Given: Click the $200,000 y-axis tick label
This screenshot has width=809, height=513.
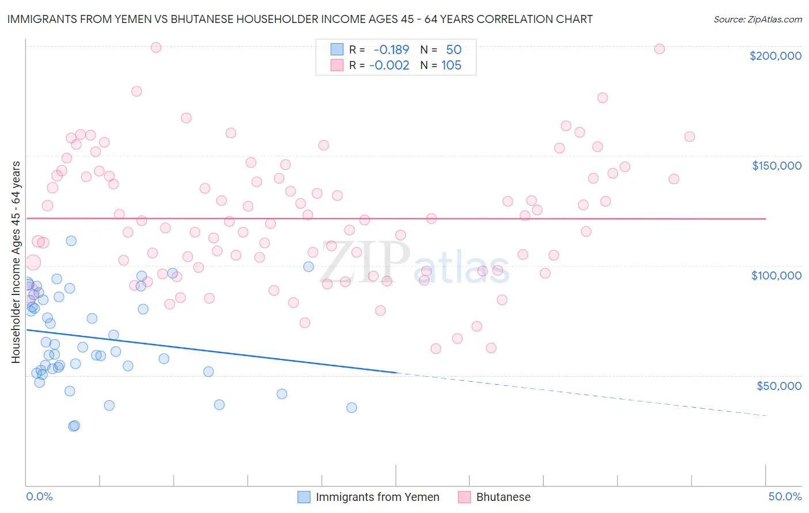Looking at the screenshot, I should (775, 56).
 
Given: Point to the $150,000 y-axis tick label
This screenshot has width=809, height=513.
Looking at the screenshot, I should (776, 166).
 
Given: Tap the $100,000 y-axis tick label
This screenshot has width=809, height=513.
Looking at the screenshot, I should (776, 275).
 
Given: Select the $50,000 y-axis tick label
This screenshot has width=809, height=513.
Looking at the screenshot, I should (779, 385).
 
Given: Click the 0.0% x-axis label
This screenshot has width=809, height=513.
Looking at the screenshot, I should (39, 496).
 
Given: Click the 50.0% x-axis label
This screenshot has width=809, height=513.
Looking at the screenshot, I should (785, 496).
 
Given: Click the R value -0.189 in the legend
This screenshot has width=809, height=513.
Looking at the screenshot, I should (391, 50).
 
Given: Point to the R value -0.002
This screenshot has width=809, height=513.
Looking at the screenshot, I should (389, 66).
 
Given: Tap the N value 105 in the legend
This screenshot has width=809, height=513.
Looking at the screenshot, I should (451, 66).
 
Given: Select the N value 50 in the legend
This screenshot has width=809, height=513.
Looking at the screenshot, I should (453, 50).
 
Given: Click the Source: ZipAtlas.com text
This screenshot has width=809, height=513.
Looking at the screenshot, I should (757, 20).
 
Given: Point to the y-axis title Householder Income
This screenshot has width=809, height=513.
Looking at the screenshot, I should (16, 262).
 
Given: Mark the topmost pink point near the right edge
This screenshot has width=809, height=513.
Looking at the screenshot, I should (659, 49).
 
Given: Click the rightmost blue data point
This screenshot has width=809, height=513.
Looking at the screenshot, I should (352, 408).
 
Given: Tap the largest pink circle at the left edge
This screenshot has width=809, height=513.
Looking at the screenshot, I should (33, 262).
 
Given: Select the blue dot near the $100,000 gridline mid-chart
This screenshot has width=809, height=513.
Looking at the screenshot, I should (308, 266).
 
